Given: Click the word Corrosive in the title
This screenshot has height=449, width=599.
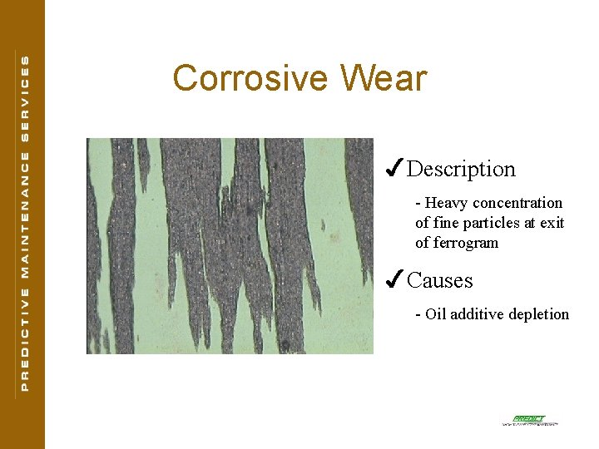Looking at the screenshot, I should (x=245, y=79).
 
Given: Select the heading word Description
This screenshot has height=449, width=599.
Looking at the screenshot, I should (x=461, y=170).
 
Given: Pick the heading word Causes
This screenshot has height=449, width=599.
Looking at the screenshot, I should (x=439, y=281).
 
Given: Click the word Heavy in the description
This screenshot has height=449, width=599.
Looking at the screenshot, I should (x=447, y=203).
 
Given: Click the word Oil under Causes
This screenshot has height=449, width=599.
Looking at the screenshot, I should (x=437, y=314).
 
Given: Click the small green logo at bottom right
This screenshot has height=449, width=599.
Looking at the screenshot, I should (x=529, y=420).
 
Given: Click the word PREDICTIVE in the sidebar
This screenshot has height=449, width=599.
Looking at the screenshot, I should (x=24, y=338).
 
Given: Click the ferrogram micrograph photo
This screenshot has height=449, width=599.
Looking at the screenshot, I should (x=230, y=246).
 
